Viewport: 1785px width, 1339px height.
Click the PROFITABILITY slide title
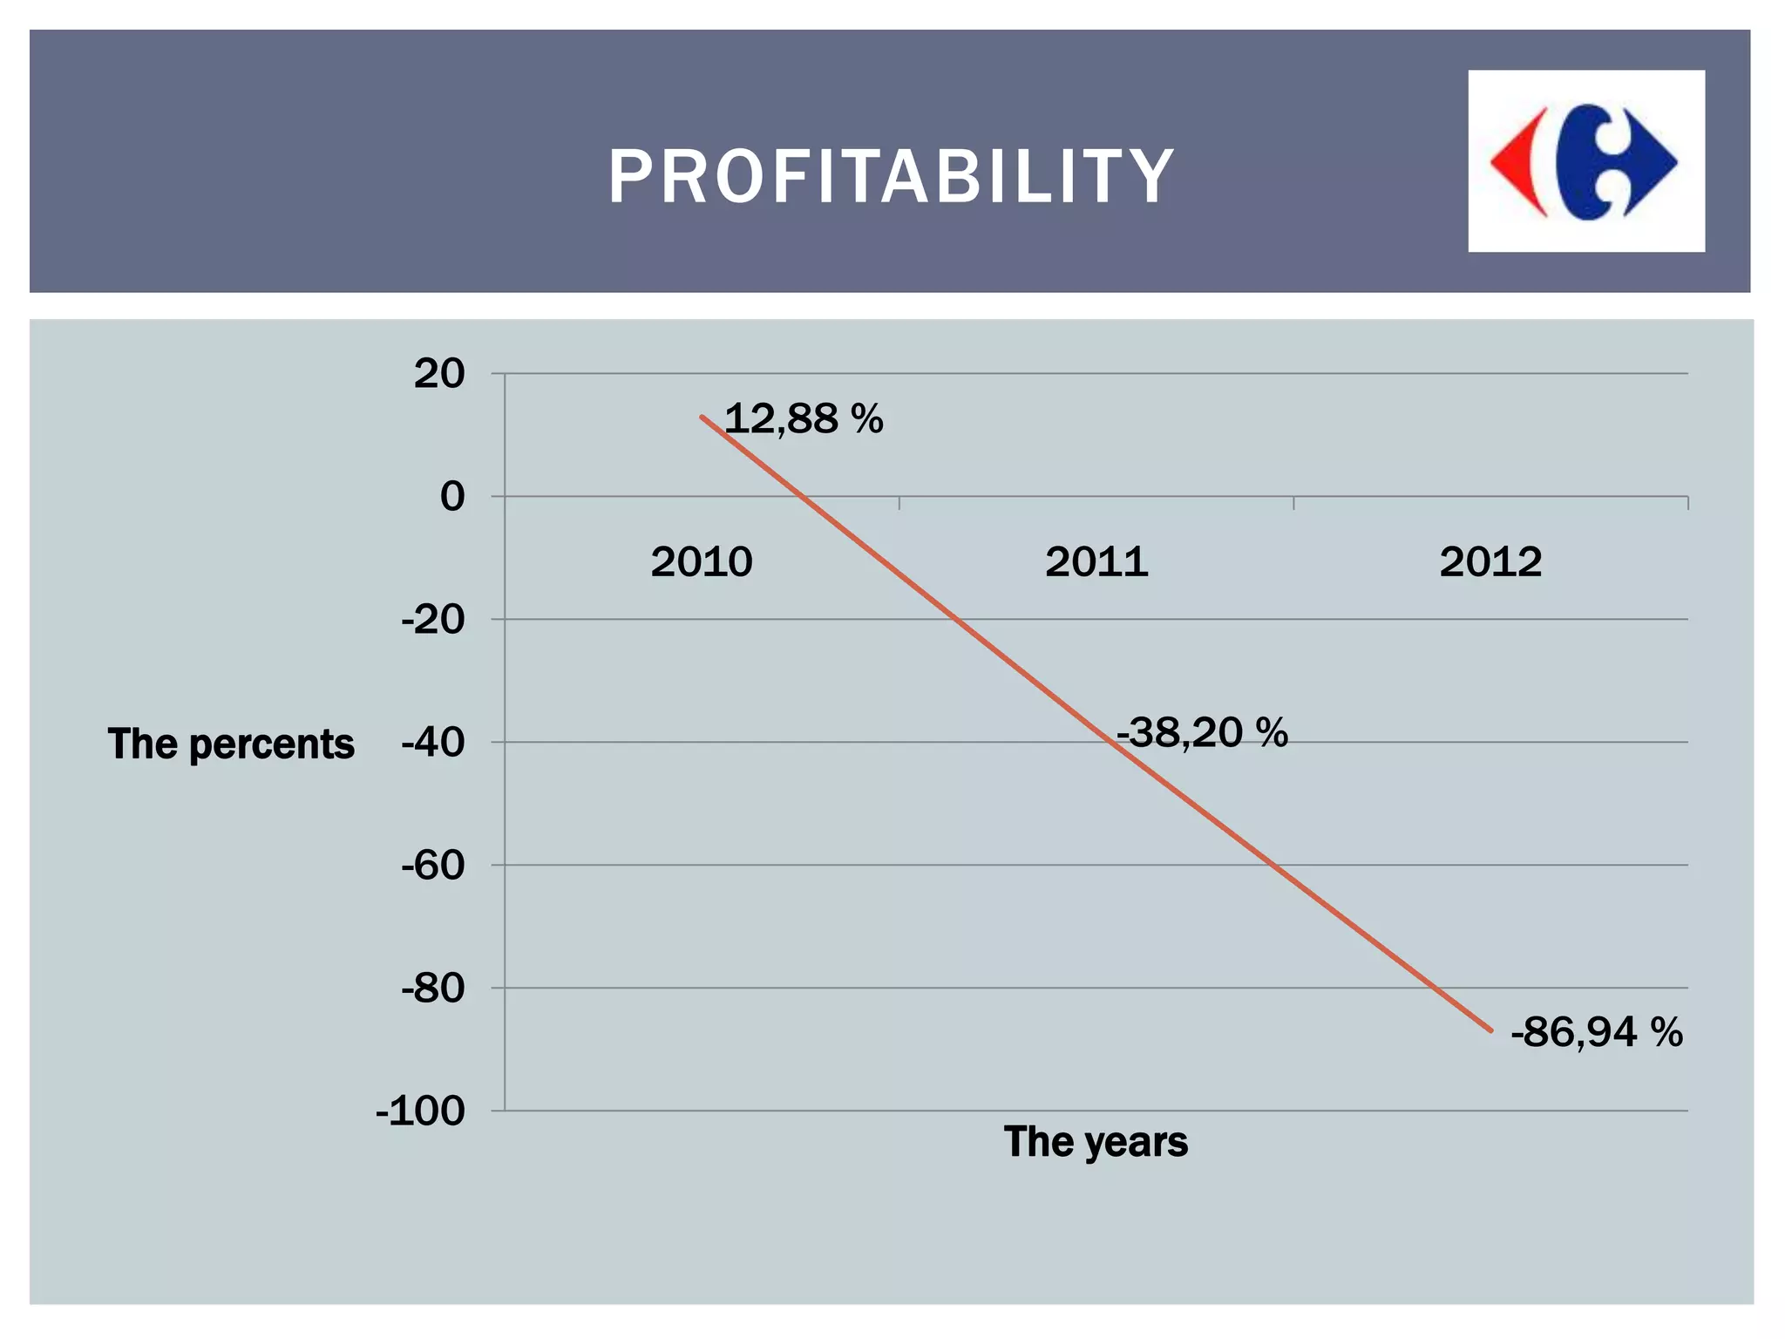coord(891,176)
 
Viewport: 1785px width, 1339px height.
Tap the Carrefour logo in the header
coord(1586,161)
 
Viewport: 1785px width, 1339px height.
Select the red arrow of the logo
coord(1518,162)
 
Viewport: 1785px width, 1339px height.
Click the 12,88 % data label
coord(804,418)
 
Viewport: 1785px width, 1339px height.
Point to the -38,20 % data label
coord(1202,732)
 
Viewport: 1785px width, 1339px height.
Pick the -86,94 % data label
coord(1597,1032)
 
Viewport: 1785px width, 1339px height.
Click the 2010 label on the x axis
coord(702,561)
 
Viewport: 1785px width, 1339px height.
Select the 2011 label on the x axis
coord(1096,561)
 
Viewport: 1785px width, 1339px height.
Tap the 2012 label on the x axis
coord(1490,561)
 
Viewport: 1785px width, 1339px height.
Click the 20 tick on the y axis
coord(439,374)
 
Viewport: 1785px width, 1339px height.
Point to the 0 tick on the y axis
coord(452,497)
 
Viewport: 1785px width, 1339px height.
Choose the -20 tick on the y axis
coord(433,620)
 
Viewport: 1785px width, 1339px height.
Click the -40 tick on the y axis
coord(433,743)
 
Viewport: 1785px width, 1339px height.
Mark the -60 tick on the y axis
coord(433,866)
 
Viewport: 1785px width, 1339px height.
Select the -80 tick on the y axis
coord(433,989)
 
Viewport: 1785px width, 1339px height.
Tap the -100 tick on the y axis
coord(421,1111)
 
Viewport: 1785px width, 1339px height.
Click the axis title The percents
coord(231,744)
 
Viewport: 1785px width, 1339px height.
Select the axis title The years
coord(1096,1142)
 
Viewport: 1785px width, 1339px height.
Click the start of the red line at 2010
coord(702,417)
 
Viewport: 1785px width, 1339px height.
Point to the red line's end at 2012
coord(1491,1031)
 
